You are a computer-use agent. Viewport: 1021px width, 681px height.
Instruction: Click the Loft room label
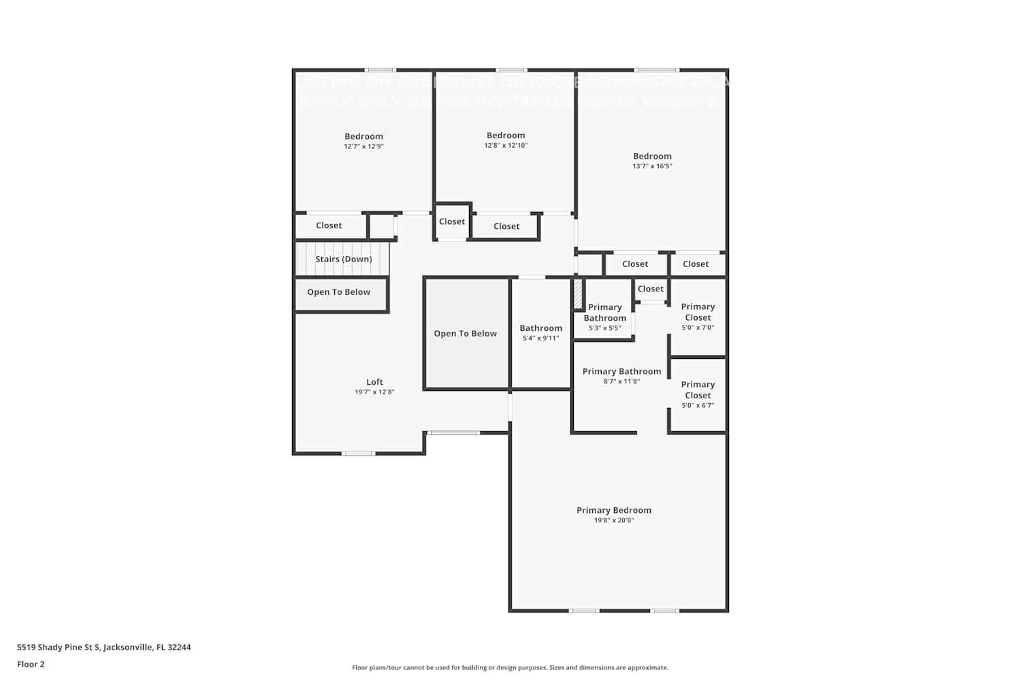coord(374,382)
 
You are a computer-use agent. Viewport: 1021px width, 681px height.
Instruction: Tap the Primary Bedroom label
coord(613,510)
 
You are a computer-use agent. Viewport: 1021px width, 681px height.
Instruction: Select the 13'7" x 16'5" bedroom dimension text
coord(652,166)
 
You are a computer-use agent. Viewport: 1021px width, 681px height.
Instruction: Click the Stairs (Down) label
coord(343,259)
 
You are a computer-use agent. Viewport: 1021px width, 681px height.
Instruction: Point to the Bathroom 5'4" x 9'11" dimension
coord(540,338)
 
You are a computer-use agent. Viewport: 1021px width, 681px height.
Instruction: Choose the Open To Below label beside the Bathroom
coord(465,334)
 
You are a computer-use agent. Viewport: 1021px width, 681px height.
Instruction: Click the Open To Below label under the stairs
coord(338,292)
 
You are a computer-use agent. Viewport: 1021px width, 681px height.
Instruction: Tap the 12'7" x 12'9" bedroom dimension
coord(363,146)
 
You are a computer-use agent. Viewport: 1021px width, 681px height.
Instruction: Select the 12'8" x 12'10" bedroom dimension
coord(506,146)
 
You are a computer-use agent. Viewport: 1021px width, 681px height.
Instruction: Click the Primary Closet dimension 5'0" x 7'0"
coord(698,328)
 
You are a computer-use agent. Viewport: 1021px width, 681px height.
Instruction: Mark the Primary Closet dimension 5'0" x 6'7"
coord(698,406)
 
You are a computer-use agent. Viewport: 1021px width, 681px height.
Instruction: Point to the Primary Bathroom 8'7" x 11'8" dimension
coord(621,382)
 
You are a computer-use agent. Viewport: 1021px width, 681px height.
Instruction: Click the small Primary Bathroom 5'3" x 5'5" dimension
coord(604,328)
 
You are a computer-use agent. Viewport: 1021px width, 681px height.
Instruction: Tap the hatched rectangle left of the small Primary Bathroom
coord(578,294)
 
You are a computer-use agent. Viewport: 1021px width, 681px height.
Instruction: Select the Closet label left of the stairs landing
coord(329,225)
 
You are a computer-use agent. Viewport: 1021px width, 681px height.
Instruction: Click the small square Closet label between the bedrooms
coord(452,221)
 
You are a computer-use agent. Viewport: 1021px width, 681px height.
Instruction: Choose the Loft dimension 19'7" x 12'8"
coord(374,392)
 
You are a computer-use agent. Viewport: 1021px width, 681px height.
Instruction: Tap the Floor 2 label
coord(31,665)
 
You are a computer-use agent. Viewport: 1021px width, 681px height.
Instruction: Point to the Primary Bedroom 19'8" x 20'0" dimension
coord(613,520)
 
